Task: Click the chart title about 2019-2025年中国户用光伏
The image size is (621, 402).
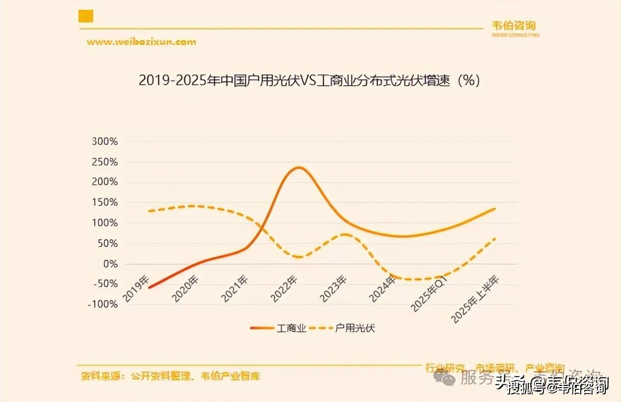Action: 309,80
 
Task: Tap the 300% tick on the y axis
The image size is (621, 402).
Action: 105,142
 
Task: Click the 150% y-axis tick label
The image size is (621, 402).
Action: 105,202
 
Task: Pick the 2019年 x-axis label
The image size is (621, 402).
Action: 136,289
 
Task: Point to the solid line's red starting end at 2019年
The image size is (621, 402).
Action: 149,287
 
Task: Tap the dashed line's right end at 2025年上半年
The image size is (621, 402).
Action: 494,239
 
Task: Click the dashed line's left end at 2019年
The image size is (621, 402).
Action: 149,211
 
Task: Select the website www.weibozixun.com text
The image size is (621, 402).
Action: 141,42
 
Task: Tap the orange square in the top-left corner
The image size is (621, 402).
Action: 86,16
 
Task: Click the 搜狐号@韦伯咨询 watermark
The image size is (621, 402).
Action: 559,387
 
